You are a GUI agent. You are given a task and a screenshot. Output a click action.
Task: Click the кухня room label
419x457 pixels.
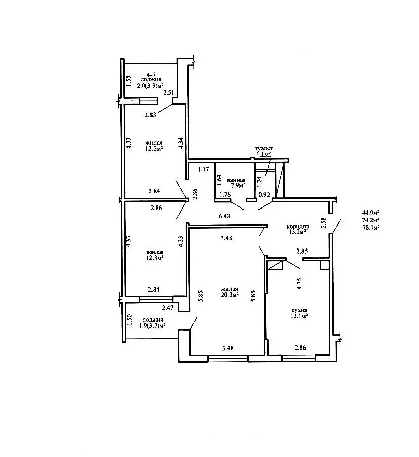[299, 310]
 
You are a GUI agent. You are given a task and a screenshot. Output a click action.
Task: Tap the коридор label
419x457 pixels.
[298, 226]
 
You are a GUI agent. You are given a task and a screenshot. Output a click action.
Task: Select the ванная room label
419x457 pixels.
[236, 180]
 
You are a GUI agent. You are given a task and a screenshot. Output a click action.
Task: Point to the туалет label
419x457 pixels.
[264, 148]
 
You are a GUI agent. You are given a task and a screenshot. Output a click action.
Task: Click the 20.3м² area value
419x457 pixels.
[230, 295]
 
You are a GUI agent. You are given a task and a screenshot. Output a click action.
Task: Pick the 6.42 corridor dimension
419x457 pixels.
[224, 216]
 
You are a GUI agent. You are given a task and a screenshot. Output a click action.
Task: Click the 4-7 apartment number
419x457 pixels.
[151, 74]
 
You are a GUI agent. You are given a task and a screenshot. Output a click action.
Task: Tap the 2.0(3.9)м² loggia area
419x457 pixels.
[150, 86]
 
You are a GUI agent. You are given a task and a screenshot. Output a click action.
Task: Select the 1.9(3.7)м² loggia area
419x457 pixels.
[153, 325]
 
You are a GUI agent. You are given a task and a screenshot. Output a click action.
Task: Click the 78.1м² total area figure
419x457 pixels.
[370, 228]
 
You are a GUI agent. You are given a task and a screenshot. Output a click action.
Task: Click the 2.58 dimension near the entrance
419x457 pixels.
[324, 223]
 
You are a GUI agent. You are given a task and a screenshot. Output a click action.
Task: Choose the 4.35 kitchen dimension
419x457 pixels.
[299, 283]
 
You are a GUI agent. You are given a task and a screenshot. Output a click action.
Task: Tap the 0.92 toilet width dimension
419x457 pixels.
[264, 195]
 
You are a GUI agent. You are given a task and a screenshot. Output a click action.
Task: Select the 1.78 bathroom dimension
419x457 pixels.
[225, 194]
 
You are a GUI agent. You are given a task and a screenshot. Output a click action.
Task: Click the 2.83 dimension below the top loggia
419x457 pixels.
[150, 115]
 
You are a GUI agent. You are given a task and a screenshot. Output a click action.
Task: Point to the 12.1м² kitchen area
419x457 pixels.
[298, 316]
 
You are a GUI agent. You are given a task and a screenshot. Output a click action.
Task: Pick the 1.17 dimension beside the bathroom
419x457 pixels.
[203, 169]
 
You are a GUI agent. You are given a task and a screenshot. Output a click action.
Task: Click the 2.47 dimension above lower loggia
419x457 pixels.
[168, 308]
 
